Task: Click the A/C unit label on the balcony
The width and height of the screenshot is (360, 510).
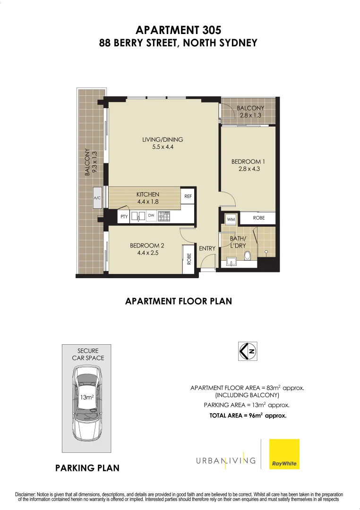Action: [x=98, y=198]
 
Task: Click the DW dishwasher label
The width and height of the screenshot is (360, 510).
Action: [x=151, y=216]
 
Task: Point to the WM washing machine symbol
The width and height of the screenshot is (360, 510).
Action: [x=231, y=219]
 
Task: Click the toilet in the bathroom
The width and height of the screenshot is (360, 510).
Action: [x=247, y=256]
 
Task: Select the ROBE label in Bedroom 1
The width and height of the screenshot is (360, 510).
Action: [x=258, y=218]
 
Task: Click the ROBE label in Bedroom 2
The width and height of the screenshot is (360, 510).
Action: [x=189, y=259]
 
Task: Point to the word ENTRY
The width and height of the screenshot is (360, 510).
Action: [x=207, y=248]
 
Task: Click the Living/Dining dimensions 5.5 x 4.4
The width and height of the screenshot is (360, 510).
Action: [x=163, y=147]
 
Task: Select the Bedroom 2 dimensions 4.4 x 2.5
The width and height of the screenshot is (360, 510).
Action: [x=147, y=253]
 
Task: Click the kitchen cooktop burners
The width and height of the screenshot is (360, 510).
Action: [x=164, y=216]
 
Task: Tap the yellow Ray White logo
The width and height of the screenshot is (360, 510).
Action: [x=284, y=454]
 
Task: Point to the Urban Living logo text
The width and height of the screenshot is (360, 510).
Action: [x=226, y=460]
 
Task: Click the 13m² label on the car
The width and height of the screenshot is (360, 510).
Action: [x=86, y=397]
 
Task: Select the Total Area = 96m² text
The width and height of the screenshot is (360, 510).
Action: [x=248, y=416]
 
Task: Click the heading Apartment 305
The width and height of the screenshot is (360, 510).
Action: [x=178, y=30]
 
